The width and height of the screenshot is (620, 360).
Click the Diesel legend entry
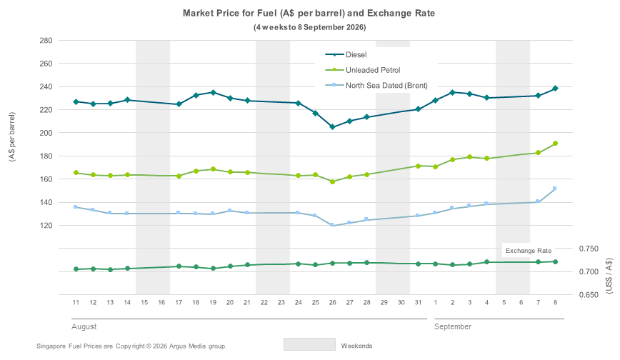coord(346,54)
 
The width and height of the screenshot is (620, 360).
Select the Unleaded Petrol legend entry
coord(363,70)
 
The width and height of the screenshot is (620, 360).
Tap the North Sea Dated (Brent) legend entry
coord(376,86)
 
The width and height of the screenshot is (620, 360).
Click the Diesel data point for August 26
coord(333,127)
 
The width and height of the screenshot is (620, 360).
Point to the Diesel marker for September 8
coord(555,89)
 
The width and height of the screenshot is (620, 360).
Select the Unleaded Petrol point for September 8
coord(555,143)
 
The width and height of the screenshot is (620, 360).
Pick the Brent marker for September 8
coord(555,189)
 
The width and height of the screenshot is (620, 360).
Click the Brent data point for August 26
coord(331,225)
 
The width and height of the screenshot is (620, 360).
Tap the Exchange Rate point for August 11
coord(76,269)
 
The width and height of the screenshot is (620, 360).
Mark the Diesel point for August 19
coord(213,92)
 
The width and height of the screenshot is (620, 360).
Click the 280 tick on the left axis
coord(46,40)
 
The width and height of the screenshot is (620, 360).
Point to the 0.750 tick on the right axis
coord(589,249)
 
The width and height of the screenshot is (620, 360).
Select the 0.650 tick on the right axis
coord(589,295)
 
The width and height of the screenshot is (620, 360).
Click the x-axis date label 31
coord(418,302)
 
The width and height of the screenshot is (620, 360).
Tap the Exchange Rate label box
coord(529,251)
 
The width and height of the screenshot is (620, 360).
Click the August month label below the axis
coord(84,326)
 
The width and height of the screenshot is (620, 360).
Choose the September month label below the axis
coord(453,326)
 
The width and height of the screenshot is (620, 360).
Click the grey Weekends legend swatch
coord(309,344)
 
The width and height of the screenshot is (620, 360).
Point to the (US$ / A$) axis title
coord(609,276)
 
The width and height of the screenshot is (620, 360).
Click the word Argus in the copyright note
coord(176,346)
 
